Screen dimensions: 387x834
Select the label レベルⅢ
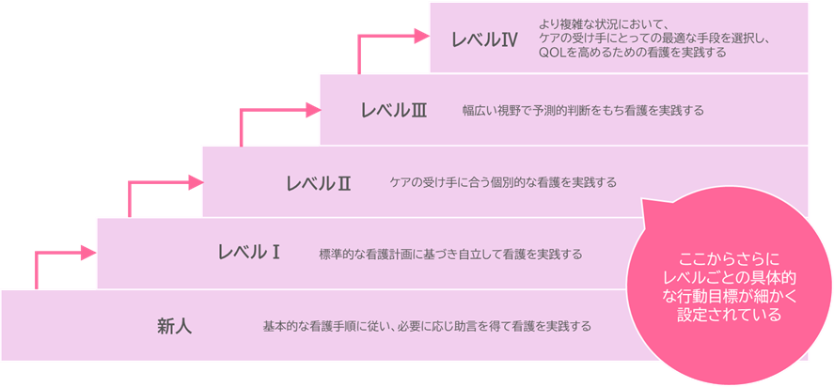click(x=394, y=110)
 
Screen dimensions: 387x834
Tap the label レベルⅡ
click(x=318, y=182)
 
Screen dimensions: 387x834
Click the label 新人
click(x=174, y=327)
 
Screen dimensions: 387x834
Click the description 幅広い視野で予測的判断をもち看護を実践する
click(x=583, y=111)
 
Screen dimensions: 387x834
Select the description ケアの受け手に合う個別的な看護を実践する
click(x=503, y=182)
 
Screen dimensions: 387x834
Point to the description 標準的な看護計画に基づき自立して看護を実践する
click(x=450, y=254)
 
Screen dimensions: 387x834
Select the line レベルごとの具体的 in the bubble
click(x=730, y=277)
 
